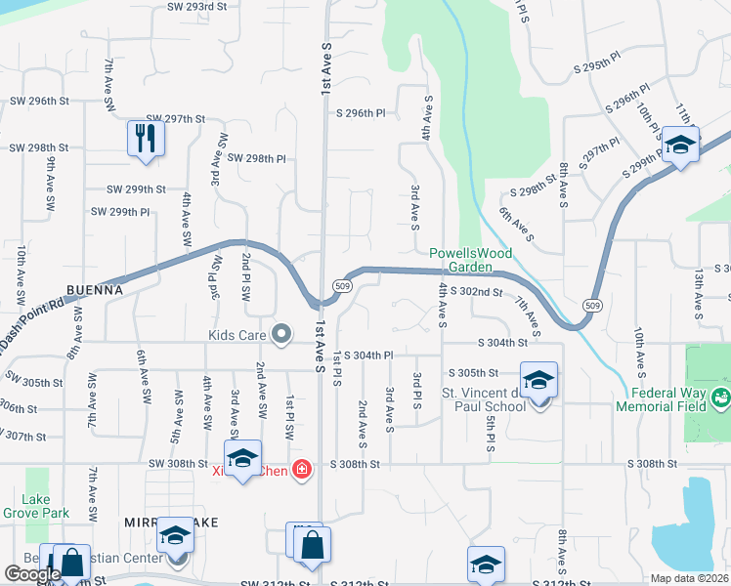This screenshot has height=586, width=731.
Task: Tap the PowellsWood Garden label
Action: point(470,260)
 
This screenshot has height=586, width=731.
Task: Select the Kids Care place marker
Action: point(281,335)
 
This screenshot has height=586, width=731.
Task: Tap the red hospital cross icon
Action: point(303,470)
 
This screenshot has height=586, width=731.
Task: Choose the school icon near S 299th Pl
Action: point(680,145)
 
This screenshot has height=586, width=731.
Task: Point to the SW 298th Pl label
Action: point(256,158)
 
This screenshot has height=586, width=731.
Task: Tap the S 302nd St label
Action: point(478,292)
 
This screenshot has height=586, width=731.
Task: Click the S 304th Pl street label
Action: point(367,356)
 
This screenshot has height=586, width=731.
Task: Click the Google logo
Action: point(32,575)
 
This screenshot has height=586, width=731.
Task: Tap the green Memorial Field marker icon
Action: point(721,398)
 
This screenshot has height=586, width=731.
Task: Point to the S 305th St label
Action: point(473,373)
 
